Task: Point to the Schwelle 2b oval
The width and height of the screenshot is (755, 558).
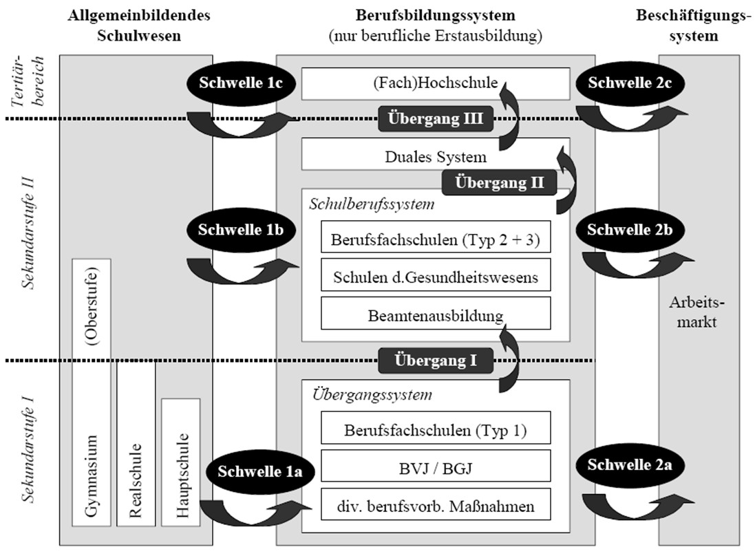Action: (x=630, y=230)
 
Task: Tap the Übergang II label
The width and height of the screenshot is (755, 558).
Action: (x=500, y=183)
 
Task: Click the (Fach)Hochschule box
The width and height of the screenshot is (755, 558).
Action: (x=436, y=84)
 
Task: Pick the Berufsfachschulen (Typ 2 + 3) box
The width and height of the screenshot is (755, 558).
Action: (x=436, y=240)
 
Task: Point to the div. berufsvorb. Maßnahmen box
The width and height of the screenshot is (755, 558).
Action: (x=436, y=506)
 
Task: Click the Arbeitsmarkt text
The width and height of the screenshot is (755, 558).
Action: (x=693, y=312)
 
